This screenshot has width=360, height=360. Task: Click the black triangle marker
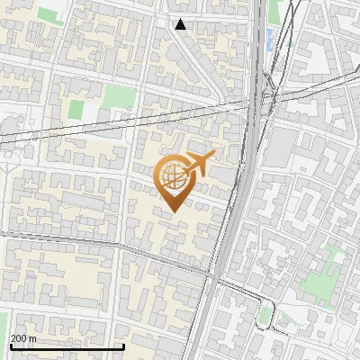(x=181, y=24)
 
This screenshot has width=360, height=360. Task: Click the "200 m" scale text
(x=23, y=338)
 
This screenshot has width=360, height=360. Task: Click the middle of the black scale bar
(x=67, y=347)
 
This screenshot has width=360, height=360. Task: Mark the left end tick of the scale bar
(x=10, y=346)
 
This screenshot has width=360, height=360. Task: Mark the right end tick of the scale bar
(x=123, y=346)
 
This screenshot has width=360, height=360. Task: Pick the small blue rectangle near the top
(x=269, y=39)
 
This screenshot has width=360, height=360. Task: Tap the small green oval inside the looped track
(x=265, y=314)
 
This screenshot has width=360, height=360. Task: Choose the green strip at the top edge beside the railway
(x=274, y=11)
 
